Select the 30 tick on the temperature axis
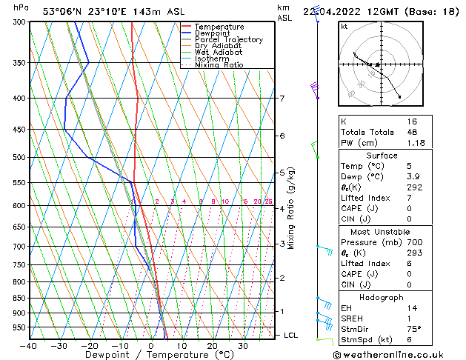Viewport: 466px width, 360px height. click(x=243, y=346)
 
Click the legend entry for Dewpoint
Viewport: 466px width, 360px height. click(x=212, y=33)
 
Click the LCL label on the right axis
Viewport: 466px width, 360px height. click(x=291, y=336)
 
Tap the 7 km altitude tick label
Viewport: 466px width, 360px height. click(x=282, y=99)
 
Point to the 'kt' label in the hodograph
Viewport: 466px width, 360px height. click(x=344, y=26)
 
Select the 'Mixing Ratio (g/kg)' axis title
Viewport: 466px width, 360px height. click(x=291, y=208)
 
